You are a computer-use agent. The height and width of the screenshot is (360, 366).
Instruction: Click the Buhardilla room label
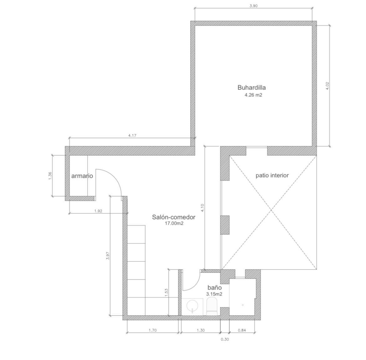pos(252,88)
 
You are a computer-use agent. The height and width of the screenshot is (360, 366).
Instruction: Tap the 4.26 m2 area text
pos(253,95)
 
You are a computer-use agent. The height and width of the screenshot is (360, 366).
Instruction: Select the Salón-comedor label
pos(174,217)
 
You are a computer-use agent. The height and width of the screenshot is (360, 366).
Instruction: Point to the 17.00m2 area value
pos(174,223)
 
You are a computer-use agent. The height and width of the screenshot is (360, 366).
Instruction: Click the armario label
pos(82,176)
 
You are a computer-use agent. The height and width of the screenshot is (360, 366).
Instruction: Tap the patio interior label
pos(272,175)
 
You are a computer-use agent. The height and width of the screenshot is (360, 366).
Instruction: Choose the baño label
pos(215,287)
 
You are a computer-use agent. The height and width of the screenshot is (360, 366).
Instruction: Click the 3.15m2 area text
pos(214,294)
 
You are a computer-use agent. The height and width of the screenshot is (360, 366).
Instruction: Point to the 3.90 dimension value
pos(253,6)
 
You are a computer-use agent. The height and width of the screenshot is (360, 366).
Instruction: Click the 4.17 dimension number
pos(132,136)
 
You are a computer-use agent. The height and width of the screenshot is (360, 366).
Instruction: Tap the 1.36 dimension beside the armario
pos(50,176)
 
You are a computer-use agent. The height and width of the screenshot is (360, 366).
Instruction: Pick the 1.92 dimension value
pos(98,211)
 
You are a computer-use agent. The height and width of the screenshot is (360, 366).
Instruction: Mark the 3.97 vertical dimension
pos(108,255)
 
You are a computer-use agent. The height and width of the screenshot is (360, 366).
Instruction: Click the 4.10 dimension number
pos(202,208)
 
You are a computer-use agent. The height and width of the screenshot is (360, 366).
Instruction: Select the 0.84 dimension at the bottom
pos(242,330)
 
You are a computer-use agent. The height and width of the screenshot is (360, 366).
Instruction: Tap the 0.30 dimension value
pos(225,339)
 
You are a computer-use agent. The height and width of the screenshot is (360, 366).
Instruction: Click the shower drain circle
pos(243,305)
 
